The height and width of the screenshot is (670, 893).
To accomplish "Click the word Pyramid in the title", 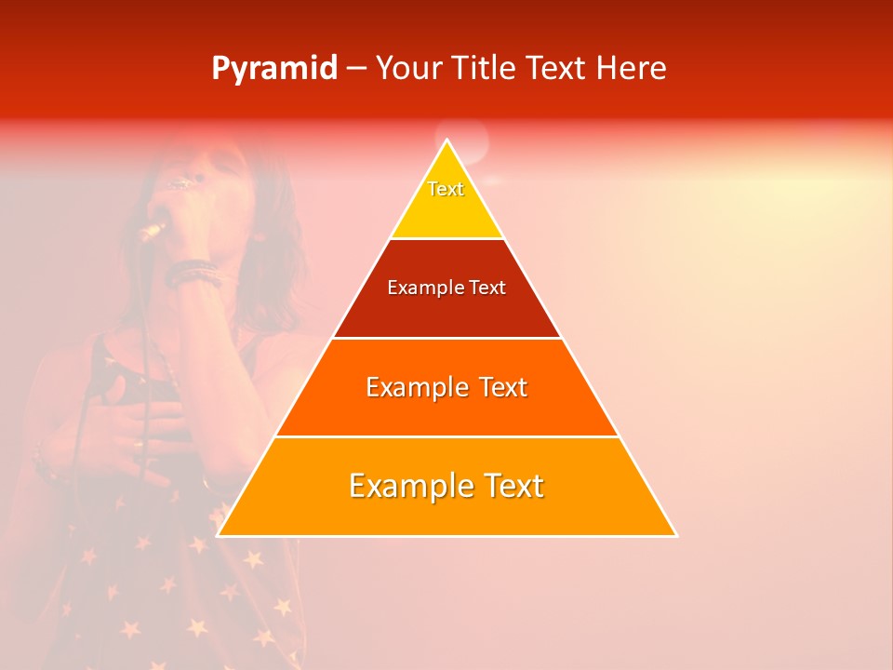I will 273,69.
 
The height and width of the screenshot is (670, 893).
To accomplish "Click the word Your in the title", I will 409,69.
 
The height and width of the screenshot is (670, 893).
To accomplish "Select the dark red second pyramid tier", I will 446,312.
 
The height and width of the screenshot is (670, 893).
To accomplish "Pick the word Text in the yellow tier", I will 446,189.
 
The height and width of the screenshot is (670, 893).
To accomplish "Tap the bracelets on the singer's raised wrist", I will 193,273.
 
